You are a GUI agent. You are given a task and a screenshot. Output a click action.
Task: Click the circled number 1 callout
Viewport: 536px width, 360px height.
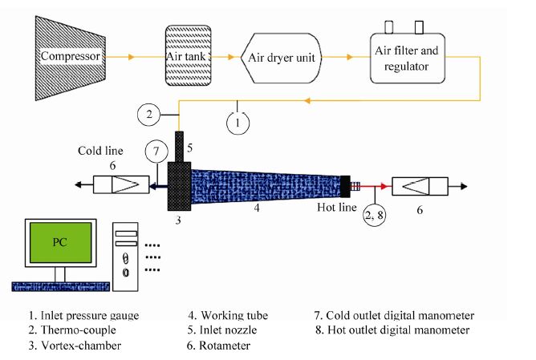click(237, 124)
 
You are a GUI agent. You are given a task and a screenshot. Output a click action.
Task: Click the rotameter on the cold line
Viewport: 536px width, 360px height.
click(118, 185)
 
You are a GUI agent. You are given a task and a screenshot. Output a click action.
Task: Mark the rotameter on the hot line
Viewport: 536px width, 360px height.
click(418, 185)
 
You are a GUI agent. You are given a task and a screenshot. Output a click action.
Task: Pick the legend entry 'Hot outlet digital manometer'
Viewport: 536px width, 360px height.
click(392, 330)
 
